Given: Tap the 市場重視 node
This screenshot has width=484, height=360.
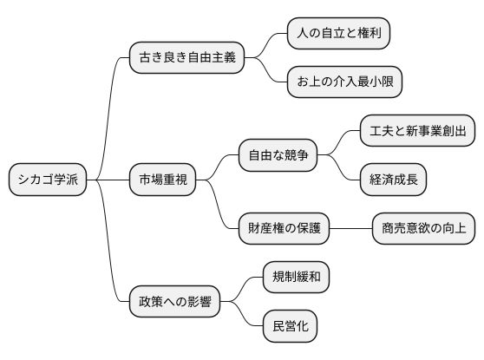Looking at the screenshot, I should tap(162, 180).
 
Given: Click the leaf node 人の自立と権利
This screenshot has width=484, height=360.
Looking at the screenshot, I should tap(338, 34).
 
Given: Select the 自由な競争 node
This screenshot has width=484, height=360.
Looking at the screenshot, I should tap(278, 156).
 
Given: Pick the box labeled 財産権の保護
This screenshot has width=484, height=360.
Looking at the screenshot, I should tap(285, 228).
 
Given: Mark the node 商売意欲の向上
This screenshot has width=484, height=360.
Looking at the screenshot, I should tap(423, 228).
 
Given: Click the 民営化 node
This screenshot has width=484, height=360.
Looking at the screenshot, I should tap(290, 326).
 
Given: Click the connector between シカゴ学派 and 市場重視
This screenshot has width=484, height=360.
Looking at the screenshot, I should tap(108, 180).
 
